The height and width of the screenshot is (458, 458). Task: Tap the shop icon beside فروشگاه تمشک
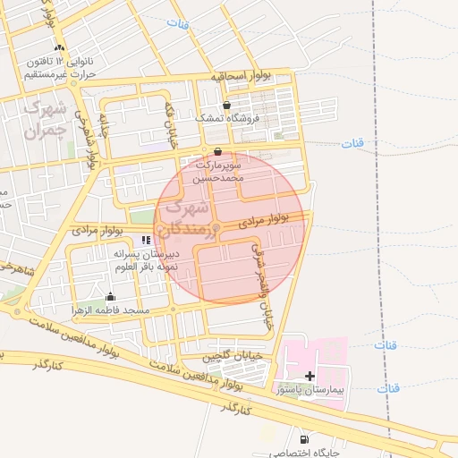(x=226, y=106)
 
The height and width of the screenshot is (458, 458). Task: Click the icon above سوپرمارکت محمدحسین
(x=219, y=151)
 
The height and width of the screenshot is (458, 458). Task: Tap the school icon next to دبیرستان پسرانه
(x=146, y=240)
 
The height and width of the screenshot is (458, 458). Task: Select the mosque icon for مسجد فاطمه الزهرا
(x=111, y=297)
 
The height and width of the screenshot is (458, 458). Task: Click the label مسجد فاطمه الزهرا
(x=111, y=310)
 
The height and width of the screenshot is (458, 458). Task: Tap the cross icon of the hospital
(x=310, y=377)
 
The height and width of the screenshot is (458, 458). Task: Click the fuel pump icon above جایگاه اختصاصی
(x=305, y=439)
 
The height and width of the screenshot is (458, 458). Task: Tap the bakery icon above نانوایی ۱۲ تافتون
(x=59, y=47)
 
